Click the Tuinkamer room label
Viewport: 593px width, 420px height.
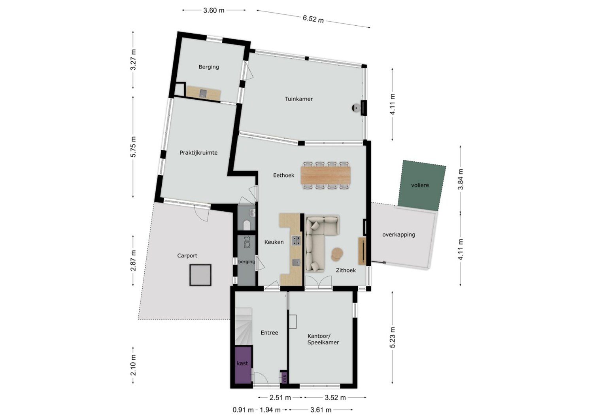point(298,99)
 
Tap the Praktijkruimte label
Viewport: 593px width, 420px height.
point(198,153)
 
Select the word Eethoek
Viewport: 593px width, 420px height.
point(283,175)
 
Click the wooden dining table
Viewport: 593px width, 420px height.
point(326,175)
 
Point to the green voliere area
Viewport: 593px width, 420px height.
point(422,185)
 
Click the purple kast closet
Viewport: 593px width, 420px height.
point(243,365)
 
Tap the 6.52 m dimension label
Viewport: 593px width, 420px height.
point(313,19)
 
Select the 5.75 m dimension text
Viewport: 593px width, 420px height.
point(133,147)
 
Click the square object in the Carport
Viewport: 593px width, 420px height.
point(200,275)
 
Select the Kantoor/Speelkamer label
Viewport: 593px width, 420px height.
point(323,339)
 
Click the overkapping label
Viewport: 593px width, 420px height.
point(398,235)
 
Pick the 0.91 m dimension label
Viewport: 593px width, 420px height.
point(243,410)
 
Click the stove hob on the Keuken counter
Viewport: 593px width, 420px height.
point(296,240)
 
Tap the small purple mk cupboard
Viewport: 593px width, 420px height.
point(284,378)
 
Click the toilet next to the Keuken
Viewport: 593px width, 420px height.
point(247,225)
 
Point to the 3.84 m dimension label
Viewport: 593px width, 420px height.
point(461,179)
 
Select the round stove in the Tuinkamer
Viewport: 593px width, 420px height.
point(356,108)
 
